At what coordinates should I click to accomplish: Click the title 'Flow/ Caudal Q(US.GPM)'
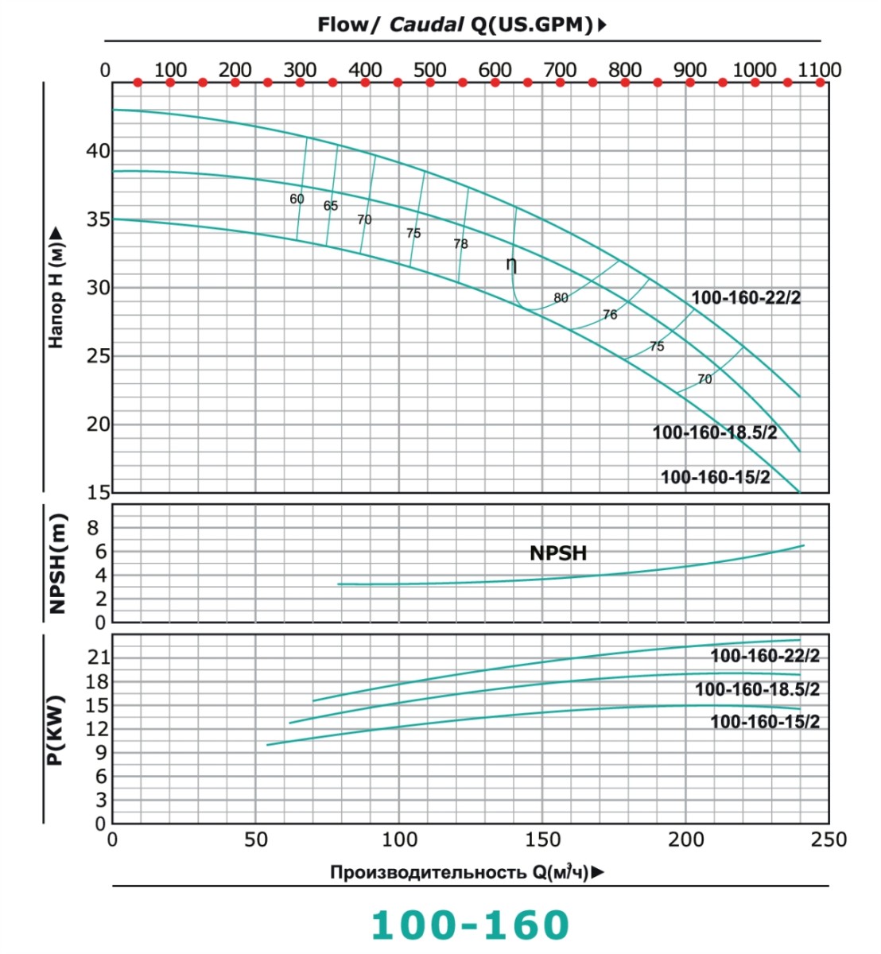pos(461,25)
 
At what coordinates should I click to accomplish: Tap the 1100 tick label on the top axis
pos(819,70)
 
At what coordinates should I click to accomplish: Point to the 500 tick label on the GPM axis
pos(429,70)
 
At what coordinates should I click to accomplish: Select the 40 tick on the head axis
pos(99,151)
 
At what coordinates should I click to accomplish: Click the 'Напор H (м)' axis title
pos(56,288)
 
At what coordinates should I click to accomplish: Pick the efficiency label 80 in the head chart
pos(561,298)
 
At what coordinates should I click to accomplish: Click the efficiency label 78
pos(460,244)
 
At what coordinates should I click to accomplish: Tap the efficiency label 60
pos(297,199)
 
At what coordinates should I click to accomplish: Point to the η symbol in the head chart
pos(511,264)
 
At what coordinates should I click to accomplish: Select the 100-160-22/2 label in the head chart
pos(746,298)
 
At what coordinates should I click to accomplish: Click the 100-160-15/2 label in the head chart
pos(715,477)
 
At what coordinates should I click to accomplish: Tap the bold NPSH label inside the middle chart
pos(558,553)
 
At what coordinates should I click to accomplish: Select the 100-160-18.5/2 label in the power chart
pos(757,689)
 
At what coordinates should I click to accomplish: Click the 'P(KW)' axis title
pos(55,730)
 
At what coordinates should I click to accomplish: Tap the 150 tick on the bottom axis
pos(542,840)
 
